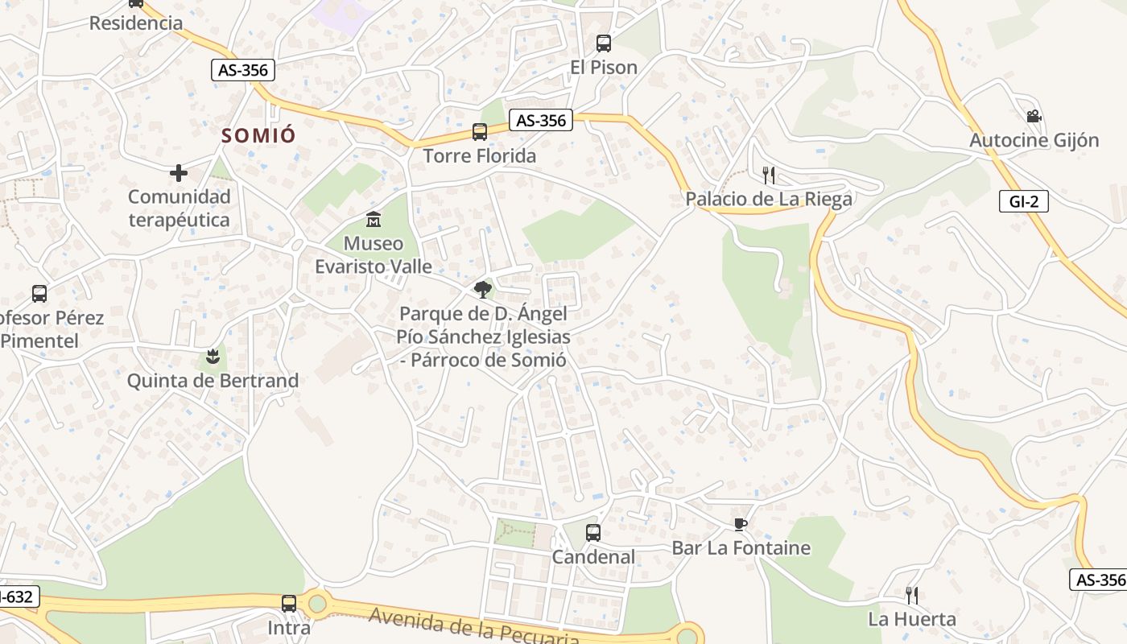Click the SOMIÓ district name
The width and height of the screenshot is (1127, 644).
click(258, 135)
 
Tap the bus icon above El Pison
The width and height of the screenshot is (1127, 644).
click(603, 43)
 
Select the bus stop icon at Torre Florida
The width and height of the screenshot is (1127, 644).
click(480, 131)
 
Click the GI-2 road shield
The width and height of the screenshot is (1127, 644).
click(1023, 201)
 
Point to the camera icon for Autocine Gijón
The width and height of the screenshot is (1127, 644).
click(1034, 117)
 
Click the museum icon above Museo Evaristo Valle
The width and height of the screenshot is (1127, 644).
click(374, 219)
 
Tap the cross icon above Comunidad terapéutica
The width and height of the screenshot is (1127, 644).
click(179, 172)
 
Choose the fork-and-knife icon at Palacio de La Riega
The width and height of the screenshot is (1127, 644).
click(769, 175)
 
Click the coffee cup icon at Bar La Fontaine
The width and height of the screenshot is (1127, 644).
click(741, 525)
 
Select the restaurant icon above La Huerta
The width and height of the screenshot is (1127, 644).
click(912, 596)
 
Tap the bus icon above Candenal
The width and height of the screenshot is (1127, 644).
click(593, 532)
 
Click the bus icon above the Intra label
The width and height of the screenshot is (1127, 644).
click(289, 603)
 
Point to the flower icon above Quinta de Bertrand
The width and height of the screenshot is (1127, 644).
click(213, 356)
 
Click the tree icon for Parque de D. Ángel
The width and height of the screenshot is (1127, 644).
click(483, 289)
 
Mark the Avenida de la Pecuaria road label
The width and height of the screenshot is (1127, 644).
click(474, 627)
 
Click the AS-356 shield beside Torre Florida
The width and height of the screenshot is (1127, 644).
click(542, 121)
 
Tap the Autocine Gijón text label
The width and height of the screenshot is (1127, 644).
click(1034, 140)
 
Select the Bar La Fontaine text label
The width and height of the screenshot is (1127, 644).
click(741, 548)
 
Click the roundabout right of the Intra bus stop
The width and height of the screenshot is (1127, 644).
click(317, 602)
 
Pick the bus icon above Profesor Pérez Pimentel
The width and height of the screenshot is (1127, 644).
click(39, 294)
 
